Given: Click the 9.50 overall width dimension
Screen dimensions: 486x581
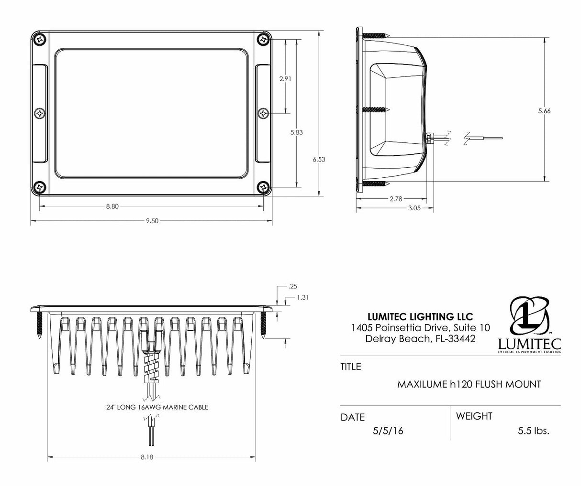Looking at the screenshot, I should click(152, 221).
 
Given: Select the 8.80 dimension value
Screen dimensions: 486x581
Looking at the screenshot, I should click(112, 206).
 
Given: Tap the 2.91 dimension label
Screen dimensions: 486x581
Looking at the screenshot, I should click(285, 79).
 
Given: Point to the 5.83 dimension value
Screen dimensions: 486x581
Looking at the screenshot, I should click(297, 133).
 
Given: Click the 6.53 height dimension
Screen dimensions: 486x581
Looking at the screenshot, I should click(319, 160).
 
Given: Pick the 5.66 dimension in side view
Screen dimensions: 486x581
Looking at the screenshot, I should click(544, 111).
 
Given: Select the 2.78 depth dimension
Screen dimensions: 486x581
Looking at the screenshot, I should click(395, 199).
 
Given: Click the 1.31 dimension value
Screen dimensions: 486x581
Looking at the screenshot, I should click(302, 297).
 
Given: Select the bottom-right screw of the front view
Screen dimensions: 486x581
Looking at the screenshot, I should click(263, 187).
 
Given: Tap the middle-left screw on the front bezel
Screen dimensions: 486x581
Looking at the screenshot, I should click(40, 113).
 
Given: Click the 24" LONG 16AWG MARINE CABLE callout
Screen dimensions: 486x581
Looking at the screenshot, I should click(157, 408).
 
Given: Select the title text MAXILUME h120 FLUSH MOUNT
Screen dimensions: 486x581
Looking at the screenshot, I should click(469, 384).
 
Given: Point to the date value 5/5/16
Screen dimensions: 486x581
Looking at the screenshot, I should click(388, 431).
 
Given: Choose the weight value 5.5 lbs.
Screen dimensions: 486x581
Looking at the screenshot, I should click(533, 431).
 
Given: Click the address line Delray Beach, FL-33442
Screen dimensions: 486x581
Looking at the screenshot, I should click(420, 338).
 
